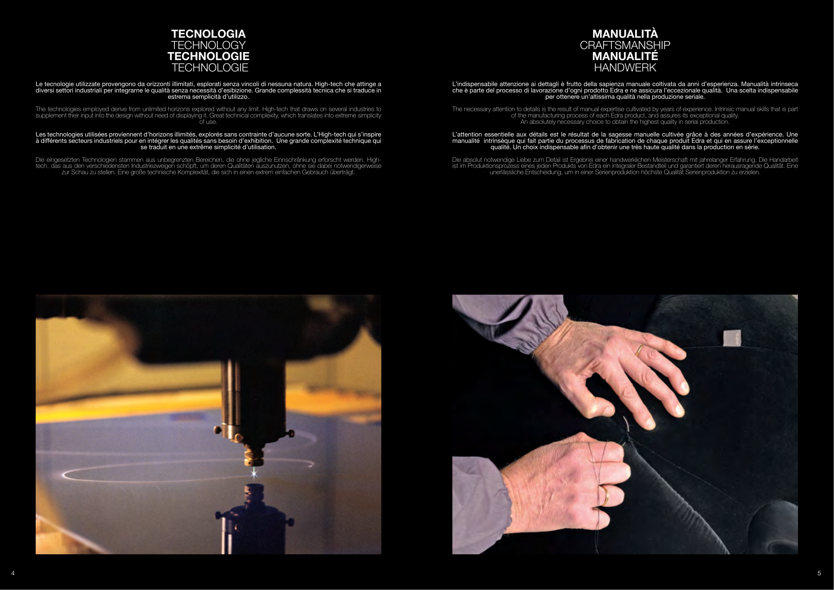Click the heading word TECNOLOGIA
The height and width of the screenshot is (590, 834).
click(x=208, y=34)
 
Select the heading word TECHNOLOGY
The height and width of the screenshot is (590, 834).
click(x=208, y=45)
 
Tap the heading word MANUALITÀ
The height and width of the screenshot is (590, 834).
click(x=625, y=34)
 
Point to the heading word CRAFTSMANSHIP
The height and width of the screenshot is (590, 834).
click(x=625, y=45)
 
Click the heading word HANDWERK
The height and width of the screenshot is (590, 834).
click(x=625, y=67)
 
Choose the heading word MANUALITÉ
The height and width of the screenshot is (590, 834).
click(x=625, y=56)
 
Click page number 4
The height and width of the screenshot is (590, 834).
click(x=13, y=573)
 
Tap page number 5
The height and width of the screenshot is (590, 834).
click(x=819, y=573)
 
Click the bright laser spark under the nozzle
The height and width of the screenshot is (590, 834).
click(x=254, y=473)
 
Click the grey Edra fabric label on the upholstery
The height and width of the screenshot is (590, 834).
click(x=732, y=338)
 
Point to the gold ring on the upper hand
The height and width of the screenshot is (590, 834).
click(x=639, y=350)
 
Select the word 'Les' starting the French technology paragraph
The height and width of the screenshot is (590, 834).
click(x=41, y=134)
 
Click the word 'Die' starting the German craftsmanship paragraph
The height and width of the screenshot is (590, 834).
click(x=457, y=160)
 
